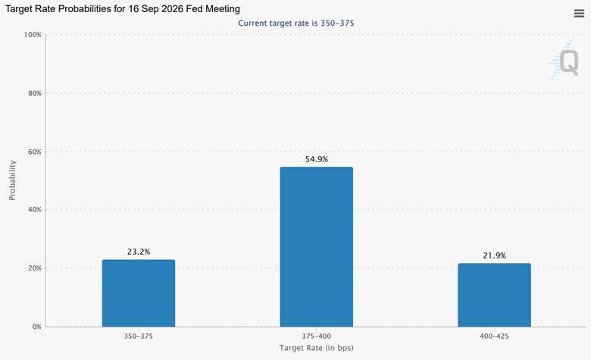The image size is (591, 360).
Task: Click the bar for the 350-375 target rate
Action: tap(139, 293)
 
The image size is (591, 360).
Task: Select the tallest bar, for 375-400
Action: tap(316, 247)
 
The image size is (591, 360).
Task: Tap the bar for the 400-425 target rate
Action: tap(494, 295)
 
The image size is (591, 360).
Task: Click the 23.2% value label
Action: tap(139, 252)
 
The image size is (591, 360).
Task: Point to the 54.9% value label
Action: tap(316, 159)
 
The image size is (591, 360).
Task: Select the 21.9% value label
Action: tap(494, 255)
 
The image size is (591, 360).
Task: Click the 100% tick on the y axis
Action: tap(33, 35)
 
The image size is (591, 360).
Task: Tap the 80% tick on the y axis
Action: tap(35, 93)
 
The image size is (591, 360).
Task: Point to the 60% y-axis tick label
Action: tap(35, 152)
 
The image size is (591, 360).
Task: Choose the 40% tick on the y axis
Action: tap(35, 210)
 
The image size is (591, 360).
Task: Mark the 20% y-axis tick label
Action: tap(35, 268)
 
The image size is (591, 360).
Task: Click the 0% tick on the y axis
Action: tap(36, 327)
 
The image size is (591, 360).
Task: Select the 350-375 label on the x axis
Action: tap(139, 336)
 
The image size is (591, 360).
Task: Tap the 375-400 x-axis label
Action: tap(316, 336)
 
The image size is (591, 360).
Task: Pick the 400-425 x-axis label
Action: tap(494, 336)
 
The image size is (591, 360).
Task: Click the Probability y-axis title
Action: tap(12, 180)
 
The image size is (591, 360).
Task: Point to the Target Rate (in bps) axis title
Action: tap(316, 348)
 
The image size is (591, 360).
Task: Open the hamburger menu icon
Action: tap(579, 14)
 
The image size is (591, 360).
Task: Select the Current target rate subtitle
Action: tap(295, 23)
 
